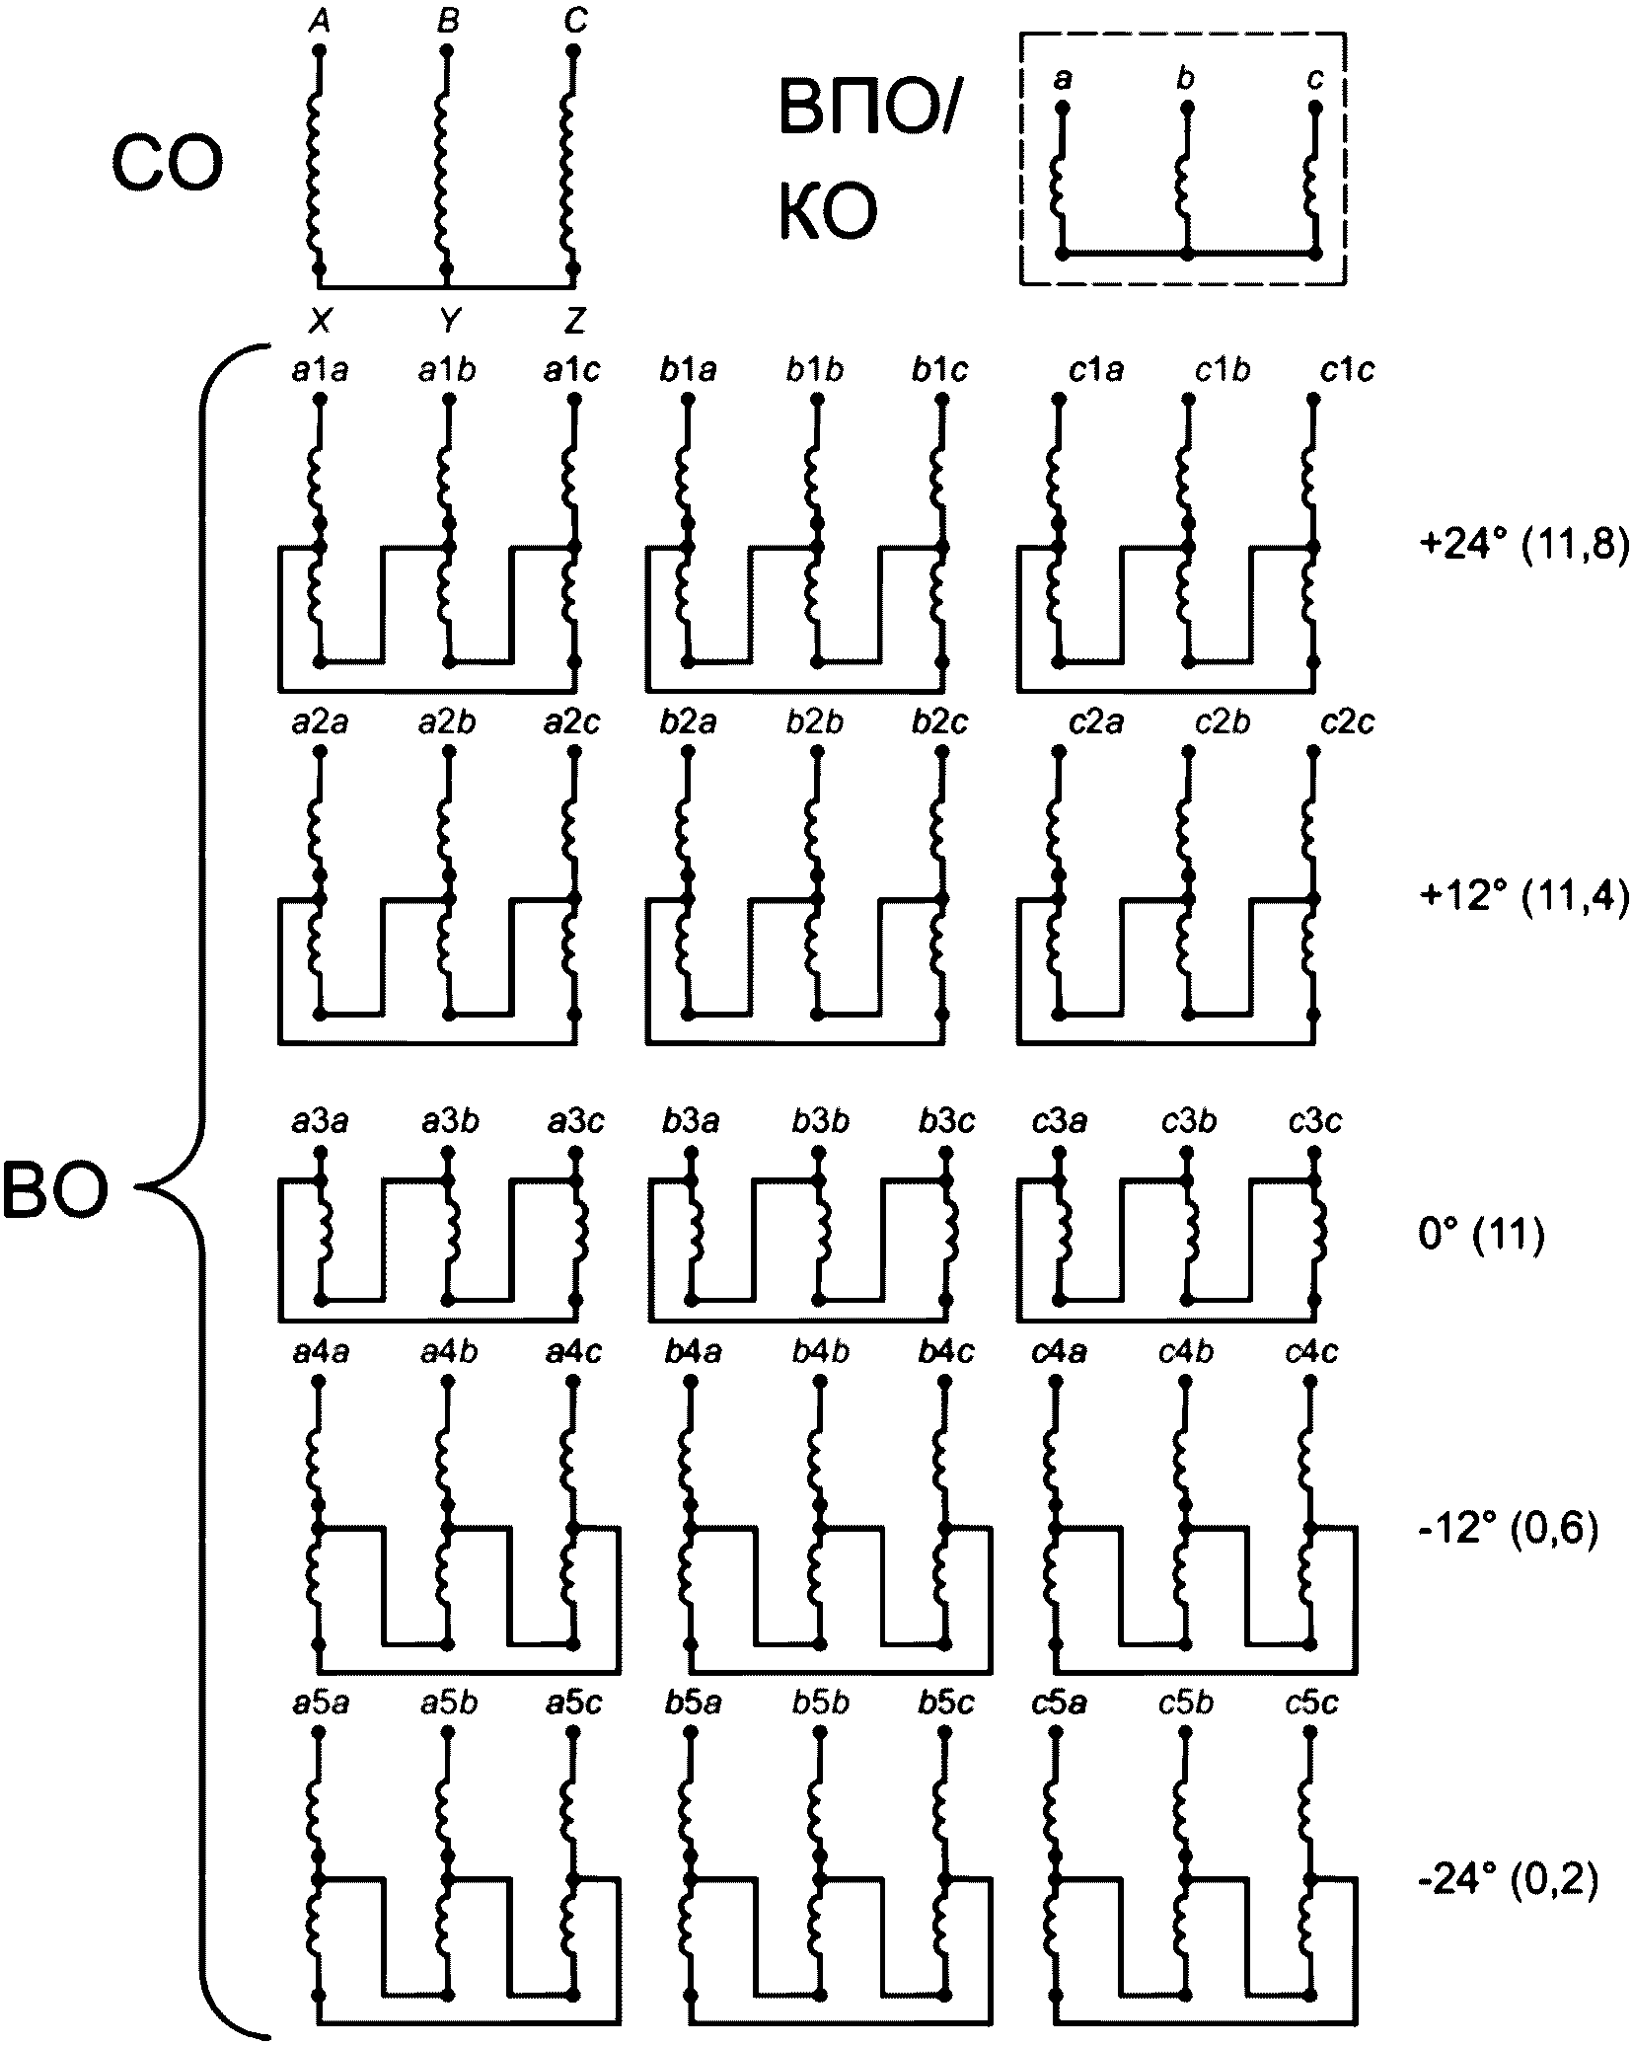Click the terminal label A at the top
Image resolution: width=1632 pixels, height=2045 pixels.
(319, 21)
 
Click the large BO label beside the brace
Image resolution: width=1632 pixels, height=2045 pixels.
(54, 1191)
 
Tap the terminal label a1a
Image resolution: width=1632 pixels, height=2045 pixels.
(321, 371)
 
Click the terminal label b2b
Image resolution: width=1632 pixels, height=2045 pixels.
(815, 722)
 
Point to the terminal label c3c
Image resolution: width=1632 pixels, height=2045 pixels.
(1314, 1122)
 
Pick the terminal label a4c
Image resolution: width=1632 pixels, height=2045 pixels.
(573, 1351)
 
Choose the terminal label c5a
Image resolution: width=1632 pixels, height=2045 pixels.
(1059, 1704)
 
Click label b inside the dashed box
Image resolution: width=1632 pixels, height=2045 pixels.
(1186, 78)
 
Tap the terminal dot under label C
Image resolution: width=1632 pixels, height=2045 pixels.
(573, 49)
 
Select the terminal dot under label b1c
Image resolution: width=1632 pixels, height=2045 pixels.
(943, 399)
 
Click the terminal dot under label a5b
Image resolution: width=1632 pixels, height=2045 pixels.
(447, 1735)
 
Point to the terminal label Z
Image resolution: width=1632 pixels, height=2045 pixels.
(574, 319)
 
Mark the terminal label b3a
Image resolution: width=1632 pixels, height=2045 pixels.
(692, 1122)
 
